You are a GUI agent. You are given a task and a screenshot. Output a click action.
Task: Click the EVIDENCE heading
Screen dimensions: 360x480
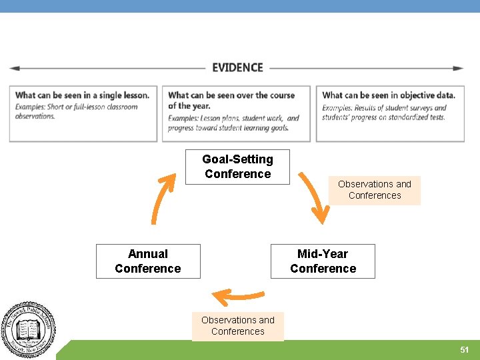pos(237,67)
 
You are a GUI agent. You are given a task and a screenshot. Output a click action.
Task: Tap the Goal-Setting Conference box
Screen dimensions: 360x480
pos(237,167)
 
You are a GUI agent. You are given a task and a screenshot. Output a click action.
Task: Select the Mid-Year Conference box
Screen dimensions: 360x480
pos(323,261)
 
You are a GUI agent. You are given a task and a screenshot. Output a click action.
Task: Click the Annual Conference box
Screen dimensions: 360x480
pos(148,261)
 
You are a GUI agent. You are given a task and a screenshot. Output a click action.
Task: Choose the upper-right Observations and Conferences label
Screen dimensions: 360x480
pos(375,190)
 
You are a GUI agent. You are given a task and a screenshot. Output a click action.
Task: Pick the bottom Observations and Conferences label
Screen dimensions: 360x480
pos(238,326)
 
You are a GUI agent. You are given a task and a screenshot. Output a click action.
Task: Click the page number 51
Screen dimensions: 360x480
pos(464,350)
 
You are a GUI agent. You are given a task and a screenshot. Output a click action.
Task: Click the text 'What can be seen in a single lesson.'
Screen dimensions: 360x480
pos(82,95)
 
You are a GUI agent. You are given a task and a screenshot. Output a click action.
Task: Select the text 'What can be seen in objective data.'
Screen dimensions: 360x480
pos(388,95)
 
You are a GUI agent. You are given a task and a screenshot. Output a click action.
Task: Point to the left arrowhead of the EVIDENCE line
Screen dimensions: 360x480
pos(14,68)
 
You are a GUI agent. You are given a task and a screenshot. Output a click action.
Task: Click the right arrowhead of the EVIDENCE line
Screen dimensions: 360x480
pos(459,68)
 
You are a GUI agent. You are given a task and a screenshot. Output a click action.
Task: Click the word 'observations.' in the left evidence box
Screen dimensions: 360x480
pos(35,116)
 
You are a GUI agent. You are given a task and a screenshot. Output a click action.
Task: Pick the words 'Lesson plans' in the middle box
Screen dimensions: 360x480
pos(215,118)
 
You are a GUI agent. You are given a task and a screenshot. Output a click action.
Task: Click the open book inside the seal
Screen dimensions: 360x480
pos(28,329)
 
